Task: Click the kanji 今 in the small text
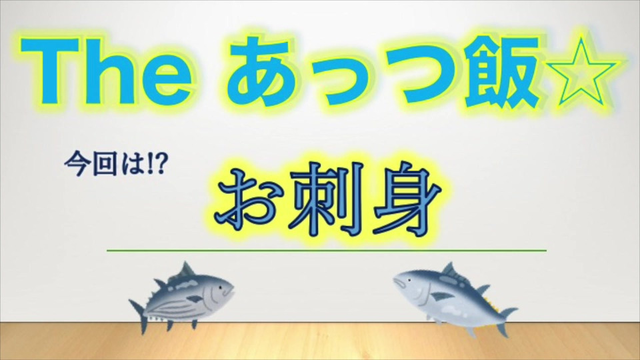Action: tap(77, 165)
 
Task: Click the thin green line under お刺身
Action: tap(327, 250)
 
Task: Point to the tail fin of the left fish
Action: tap(138, 316)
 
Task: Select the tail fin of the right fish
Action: tap(506, 321)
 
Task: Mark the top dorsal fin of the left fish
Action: tap(187, 269)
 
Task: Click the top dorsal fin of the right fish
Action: tap(448, 269)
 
